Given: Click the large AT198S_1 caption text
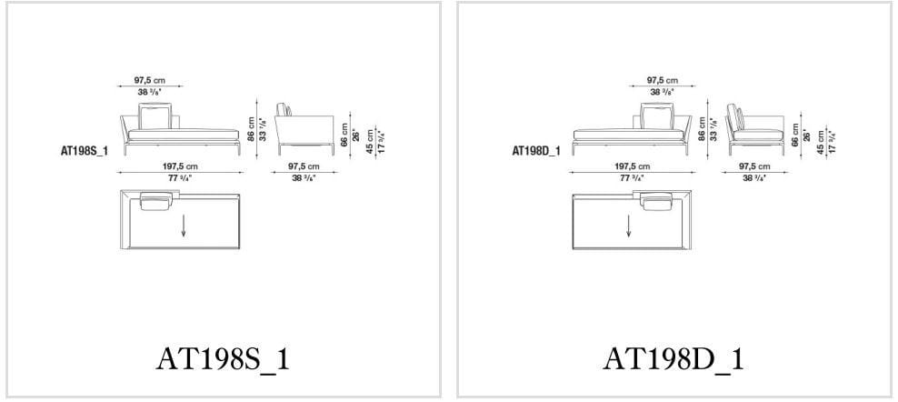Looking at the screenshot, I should coord(224,358).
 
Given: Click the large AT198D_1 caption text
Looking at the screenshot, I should coord(673,358).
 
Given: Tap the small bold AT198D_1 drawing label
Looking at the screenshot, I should coord(535,151).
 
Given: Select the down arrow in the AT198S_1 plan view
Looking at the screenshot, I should coord(184,226).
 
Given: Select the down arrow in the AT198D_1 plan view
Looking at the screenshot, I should coord(628,225).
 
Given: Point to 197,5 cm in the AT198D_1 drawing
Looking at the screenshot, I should coord(632,166).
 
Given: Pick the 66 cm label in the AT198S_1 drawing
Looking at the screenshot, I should coord(345,134).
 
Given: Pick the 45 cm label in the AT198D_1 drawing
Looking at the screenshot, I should coord(820,139).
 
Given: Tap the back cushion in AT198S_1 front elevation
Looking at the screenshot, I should coord(155,116).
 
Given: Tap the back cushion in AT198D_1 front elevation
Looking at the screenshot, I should coord(655,116).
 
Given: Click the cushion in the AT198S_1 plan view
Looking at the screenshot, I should coord(155,202).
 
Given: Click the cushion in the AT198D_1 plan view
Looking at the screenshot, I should coord(655,202).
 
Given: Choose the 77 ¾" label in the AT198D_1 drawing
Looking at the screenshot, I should coord(632,177).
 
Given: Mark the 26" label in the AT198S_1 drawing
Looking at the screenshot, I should coord(356,134).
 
